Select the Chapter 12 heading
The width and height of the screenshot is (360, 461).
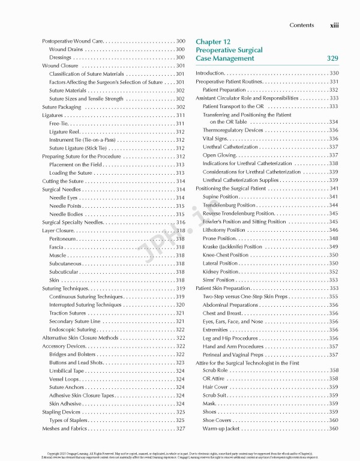tap(209, 40)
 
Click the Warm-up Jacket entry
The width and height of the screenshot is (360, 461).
tap(221, 428)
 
